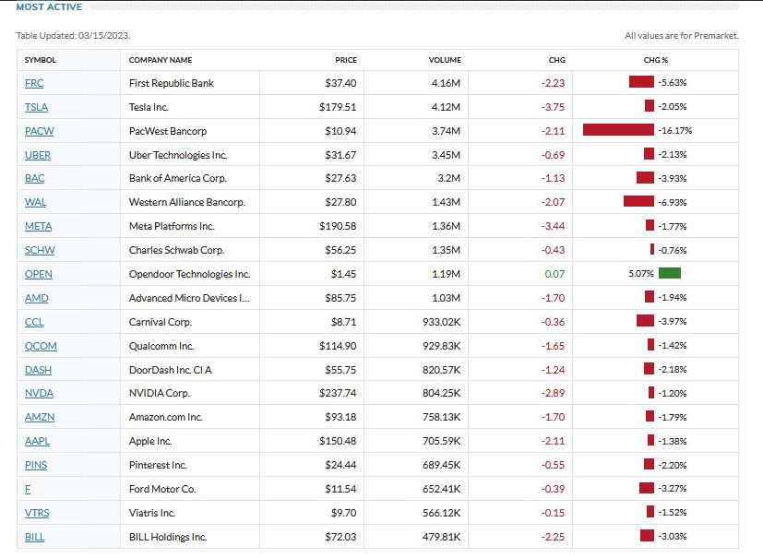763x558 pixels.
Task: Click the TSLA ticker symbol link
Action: click(x=36, y=107)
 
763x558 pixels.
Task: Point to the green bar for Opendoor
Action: click(x=670, y=274)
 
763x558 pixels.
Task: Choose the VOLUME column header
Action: click(x=445, y=60)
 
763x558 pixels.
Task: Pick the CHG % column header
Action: click(x=656, y=60)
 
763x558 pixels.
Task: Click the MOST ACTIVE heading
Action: click(x=49, y=7)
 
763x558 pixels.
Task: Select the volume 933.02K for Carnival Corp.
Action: click(x=440, y=322)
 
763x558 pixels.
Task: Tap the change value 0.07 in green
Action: click(x=555, y=274)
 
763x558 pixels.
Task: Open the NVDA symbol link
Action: click(x=39, y=393)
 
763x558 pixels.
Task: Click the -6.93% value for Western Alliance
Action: click(x=673, y=202)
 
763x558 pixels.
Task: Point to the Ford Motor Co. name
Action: click(x=163, y=489)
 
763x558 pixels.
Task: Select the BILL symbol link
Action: click(x=36, y=537)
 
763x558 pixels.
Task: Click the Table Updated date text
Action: click(x=73, y=36)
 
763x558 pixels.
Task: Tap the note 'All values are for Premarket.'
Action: click(x=681, y=36)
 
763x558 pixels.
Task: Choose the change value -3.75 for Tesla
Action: click(x=554, y=107)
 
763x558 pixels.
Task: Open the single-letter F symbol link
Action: click(x=28, y=489)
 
